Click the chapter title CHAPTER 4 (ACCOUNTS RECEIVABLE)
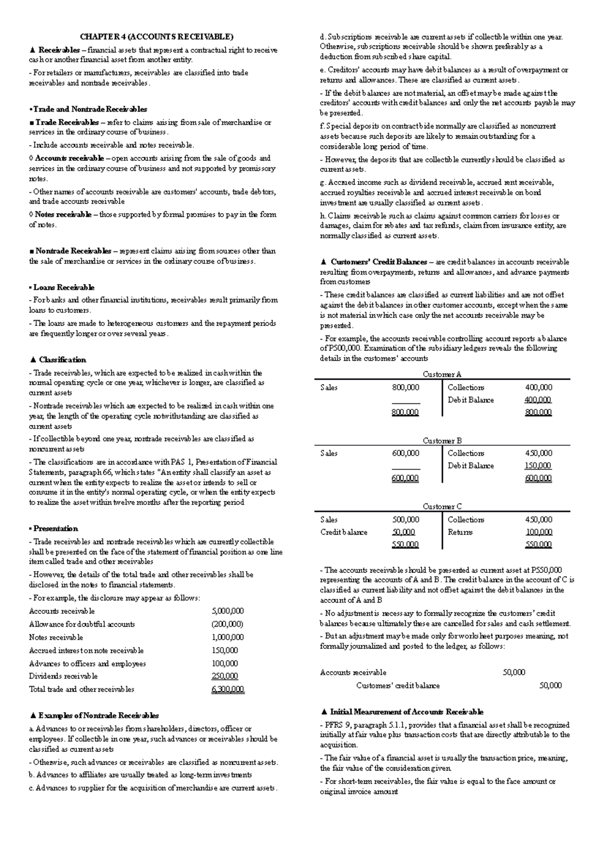tap(156, 37)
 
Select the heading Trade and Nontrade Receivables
tap(90, 109)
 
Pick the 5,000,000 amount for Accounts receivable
tap(228, 611)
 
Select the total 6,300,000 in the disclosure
tap(228, 690)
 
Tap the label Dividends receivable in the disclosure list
tap(63, 676)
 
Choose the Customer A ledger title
tap(442, 374)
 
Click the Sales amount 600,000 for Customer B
tap(405, 453)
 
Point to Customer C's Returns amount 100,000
tap(538, 532)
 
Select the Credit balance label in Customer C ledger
tap(344, 532)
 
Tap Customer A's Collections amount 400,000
tap(538, 387)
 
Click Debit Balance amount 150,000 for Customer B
tap(538, 466)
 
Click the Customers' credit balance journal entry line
tap(398, 686)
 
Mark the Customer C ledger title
tap(442, 506)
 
